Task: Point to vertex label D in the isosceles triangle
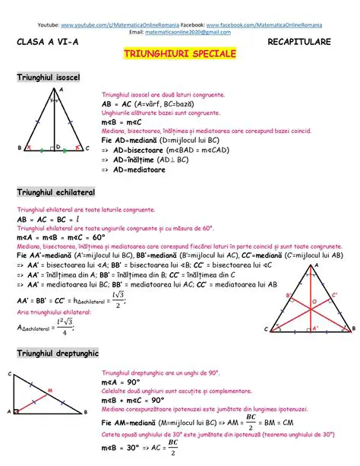pos(58,146)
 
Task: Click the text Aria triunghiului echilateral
pos(53,313)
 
